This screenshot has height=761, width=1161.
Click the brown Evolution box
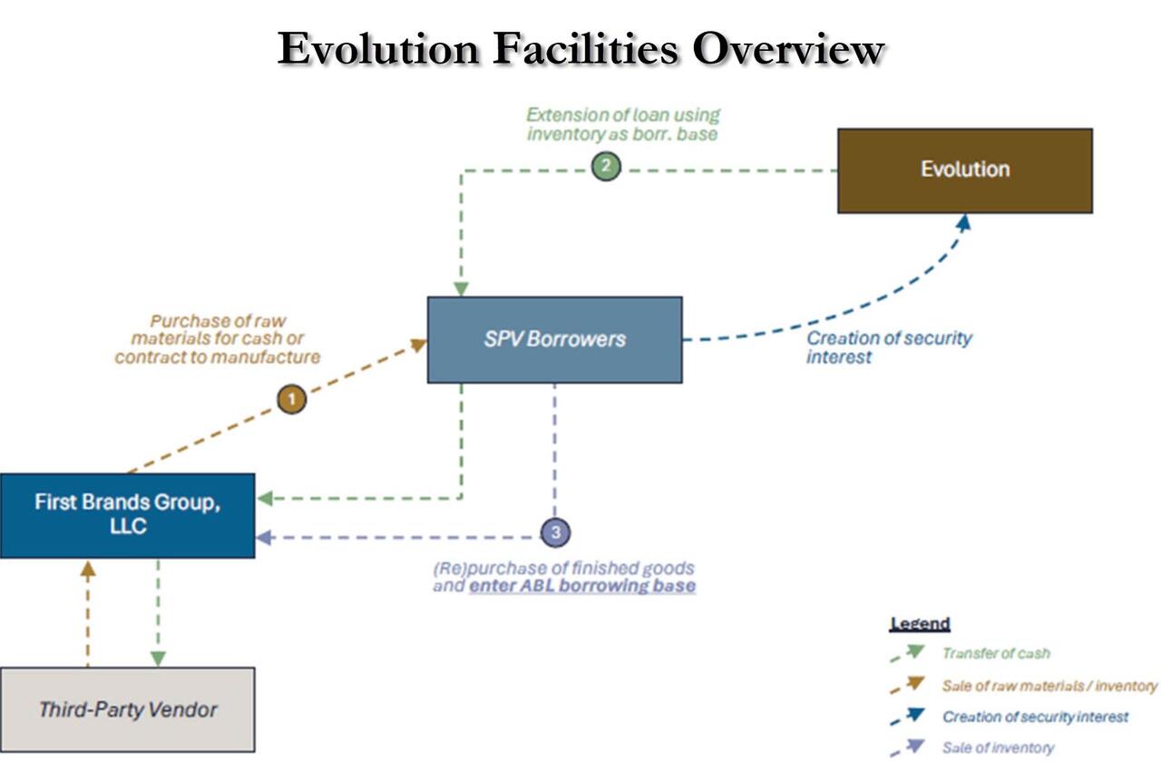tap(964, 170)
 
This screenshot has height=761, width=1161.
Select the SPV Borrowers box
tap(554, 339)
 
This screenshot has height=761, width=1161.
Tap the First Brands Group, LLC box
tap(127, 514)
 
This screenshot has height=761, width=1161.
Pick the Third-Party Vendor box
tap(127, 708)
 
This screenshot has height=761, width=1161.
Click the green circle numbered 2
tap(606, 167)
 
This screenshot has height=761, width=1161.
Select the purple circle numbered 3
tap(555, 532)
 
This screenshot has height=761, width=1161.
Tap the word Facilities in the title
tap(586, 49)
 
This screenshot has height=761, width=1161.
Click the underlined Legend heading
tap(920, 624)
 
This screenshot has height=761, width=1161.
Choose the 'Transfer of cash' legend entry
tap(996, 653)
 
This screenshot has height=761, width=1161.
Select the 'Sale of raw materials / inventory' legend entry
tap(1049, 686)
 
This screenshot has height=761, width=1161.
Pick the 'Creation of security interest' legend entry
tap(1035, 717)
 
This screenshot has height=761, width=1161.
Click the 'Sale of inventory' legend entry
tap(998, 748)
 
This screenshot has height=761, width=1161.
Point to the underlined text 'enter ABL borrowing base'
tap(582, 586)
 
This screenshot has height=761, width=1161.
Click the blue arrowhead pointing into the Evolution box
tap(964, 221)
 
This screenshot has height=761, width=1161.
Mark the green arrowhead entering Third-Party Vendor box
tap(158, 659)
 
